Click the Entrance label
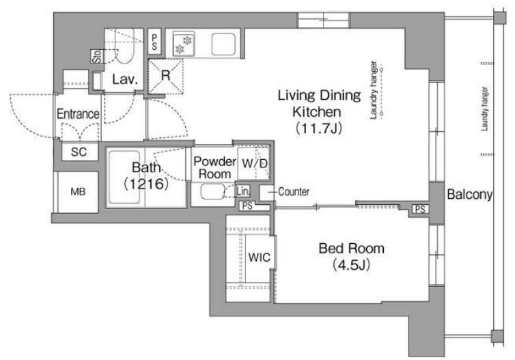pyautogui.click(x=78, y=114)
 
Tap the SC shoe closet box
pyautogui.click(x=80, y=152)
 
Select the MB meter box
pyautogui.click(x=78, y=192)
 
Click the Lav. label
pyautogui.click(x=124, y=79)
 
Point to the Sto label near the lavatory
pyautogui.click(x=97, y=57)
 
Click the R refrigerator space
pyautogui.click(x=165, y=77)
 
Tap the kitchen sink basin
pyautogui.click(x=223, y=44)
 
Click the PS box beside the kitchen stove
pyautogui.click(x=154, y=42)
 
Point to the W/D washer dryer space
pyautogui.click(x=254, y=163)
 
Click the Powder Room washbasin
pyautogui.click(x=212, y=191)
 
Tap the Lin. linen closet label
pyautogui.click(x=242, y=191)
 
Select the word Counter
pyautogui.click(x=294, y=191)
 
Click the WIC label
pyautogui.click(x=259, y=258)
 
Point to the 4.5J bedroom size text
pyautogui.click(x=352, y=265)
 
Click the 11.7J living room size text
pyautogui.click(x=319, y=128)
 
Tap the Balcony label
pyautogui.click(x=470, y=195)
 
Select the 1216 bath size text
pyautogui.click(x=146, y=184)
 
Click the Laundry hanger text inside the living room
pyautogui.click(x=374, y=90)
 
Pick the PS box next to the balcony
pyautogui.click(x=420, y=209)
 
